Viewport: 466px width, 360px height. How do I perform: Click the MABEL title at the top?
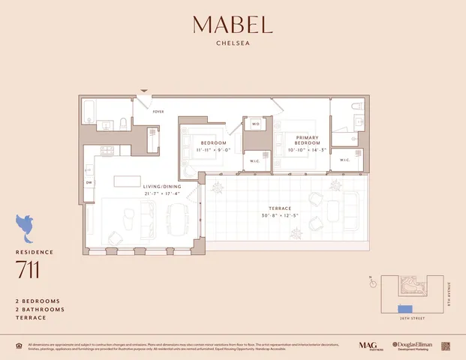coord(233,25)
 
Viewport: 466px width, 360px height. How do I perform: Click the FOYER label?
coord(158,111)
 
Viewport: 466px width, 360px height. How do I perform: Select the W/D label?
coord(255,124)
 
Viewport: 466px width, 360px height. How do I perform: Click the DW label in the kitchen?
coord(89,182)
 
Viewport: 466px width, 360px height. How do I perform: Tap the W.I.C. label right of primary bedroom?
coord(345,160)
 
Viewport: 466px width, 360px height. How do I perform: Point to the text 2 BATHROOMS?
coord(40,309)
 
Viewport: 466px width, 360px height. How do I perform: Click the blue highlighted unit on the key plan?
coord(405,308)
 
